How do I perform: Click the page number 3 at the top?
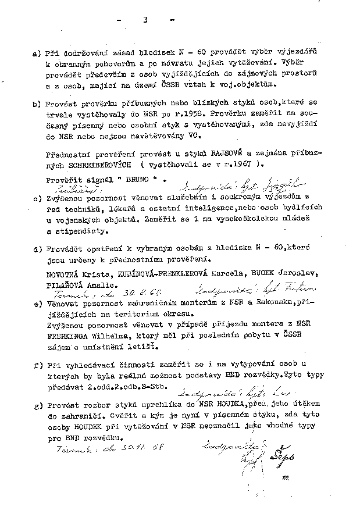click(144, 20)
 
